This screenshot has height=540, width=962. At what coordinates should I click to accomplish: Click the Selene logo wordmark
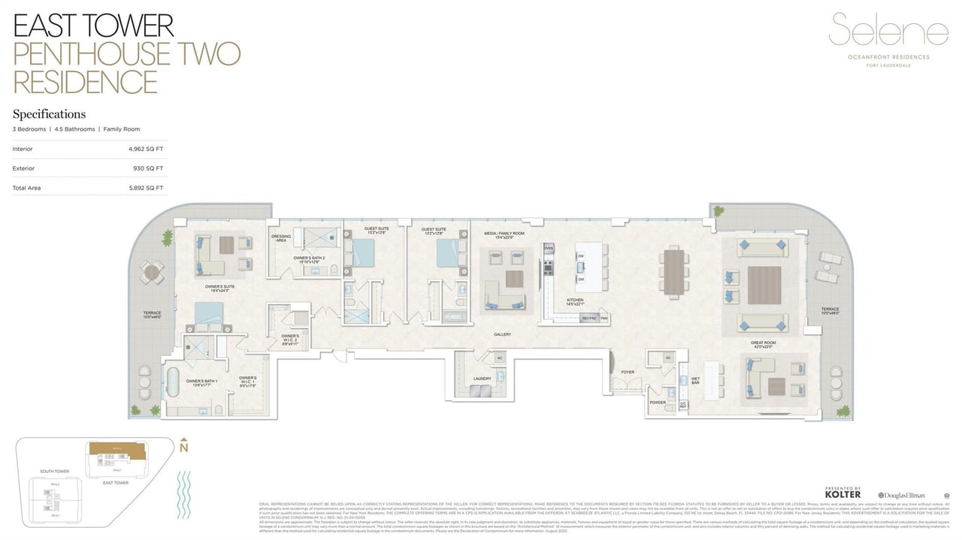tap(889, 32)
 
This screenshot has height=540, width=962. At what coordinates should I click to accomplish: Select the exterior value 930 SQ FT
tap(150, 168)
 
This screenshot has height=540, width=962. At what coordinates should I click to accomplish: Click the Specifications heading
tap(49, 114)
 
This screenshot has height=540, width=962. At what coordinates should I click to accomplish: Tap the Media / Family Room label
tap(504, 234)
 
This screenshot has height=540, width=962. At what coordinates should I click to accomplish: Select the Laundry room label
tap(482, 379)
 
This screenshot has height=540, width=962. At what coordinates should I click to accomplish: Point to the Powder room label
tap(658, 403)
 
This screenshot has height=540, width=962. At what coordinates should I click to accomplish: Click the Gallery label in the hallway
tap(502, 334)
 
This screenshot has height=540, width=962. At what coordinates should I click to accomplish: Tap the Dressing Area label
tap(281, 238)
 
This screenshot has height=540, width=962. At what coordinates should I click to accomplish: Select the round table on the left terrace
tap(153, 273)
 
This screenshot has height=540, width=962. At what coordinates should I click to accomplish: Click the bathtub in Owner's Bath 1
tap(173, 382)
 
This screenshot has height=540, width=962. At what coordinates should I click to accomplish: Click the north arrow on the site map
tap(183, 445)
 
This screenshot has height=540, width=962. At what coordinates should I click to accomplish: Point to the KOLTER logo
tap(843, 493)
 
